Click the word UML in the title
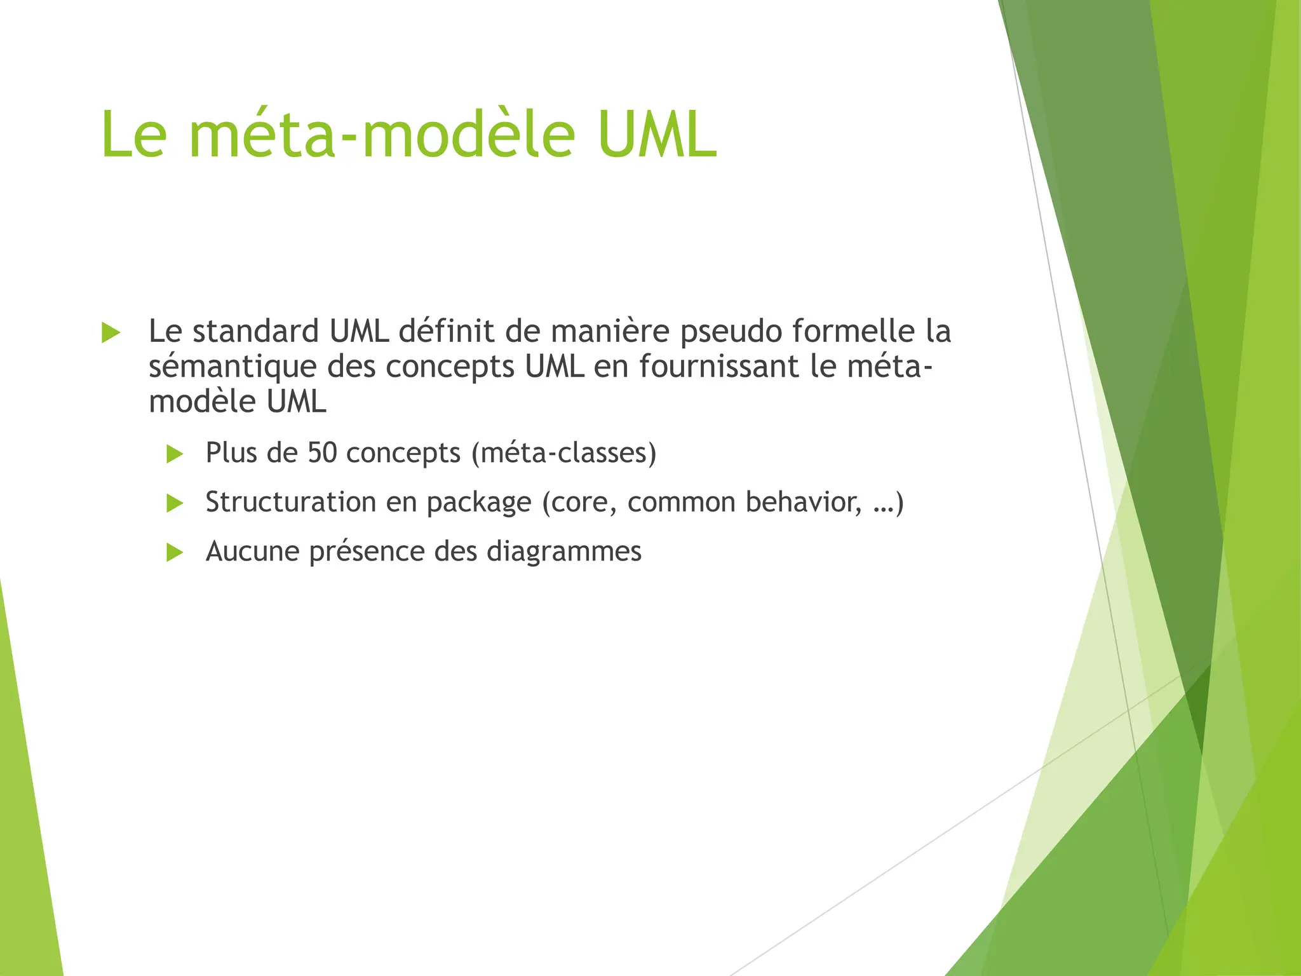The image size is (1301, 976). [x=657, y=135]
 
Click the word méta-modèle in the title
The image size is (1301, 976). [x=382, y=135]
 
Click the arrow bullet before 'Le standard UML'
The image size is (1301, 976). [x=111, y=332]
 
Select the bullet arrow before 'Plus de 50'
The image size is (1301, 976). [x=175, y=454]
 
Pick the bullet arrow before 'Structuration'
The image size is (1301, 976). [x=175, y=503]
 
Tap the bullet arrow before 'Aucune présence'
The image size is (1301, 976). [x=175, y=552]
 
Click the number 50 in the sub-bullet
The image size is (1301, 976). [x=322, y=453]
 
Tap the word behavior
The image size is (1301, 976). [x=804, y=502]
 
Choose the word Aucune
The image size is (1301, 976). [x=252, y=552]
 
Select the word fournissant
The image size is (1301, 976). [x=718, y=367]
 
